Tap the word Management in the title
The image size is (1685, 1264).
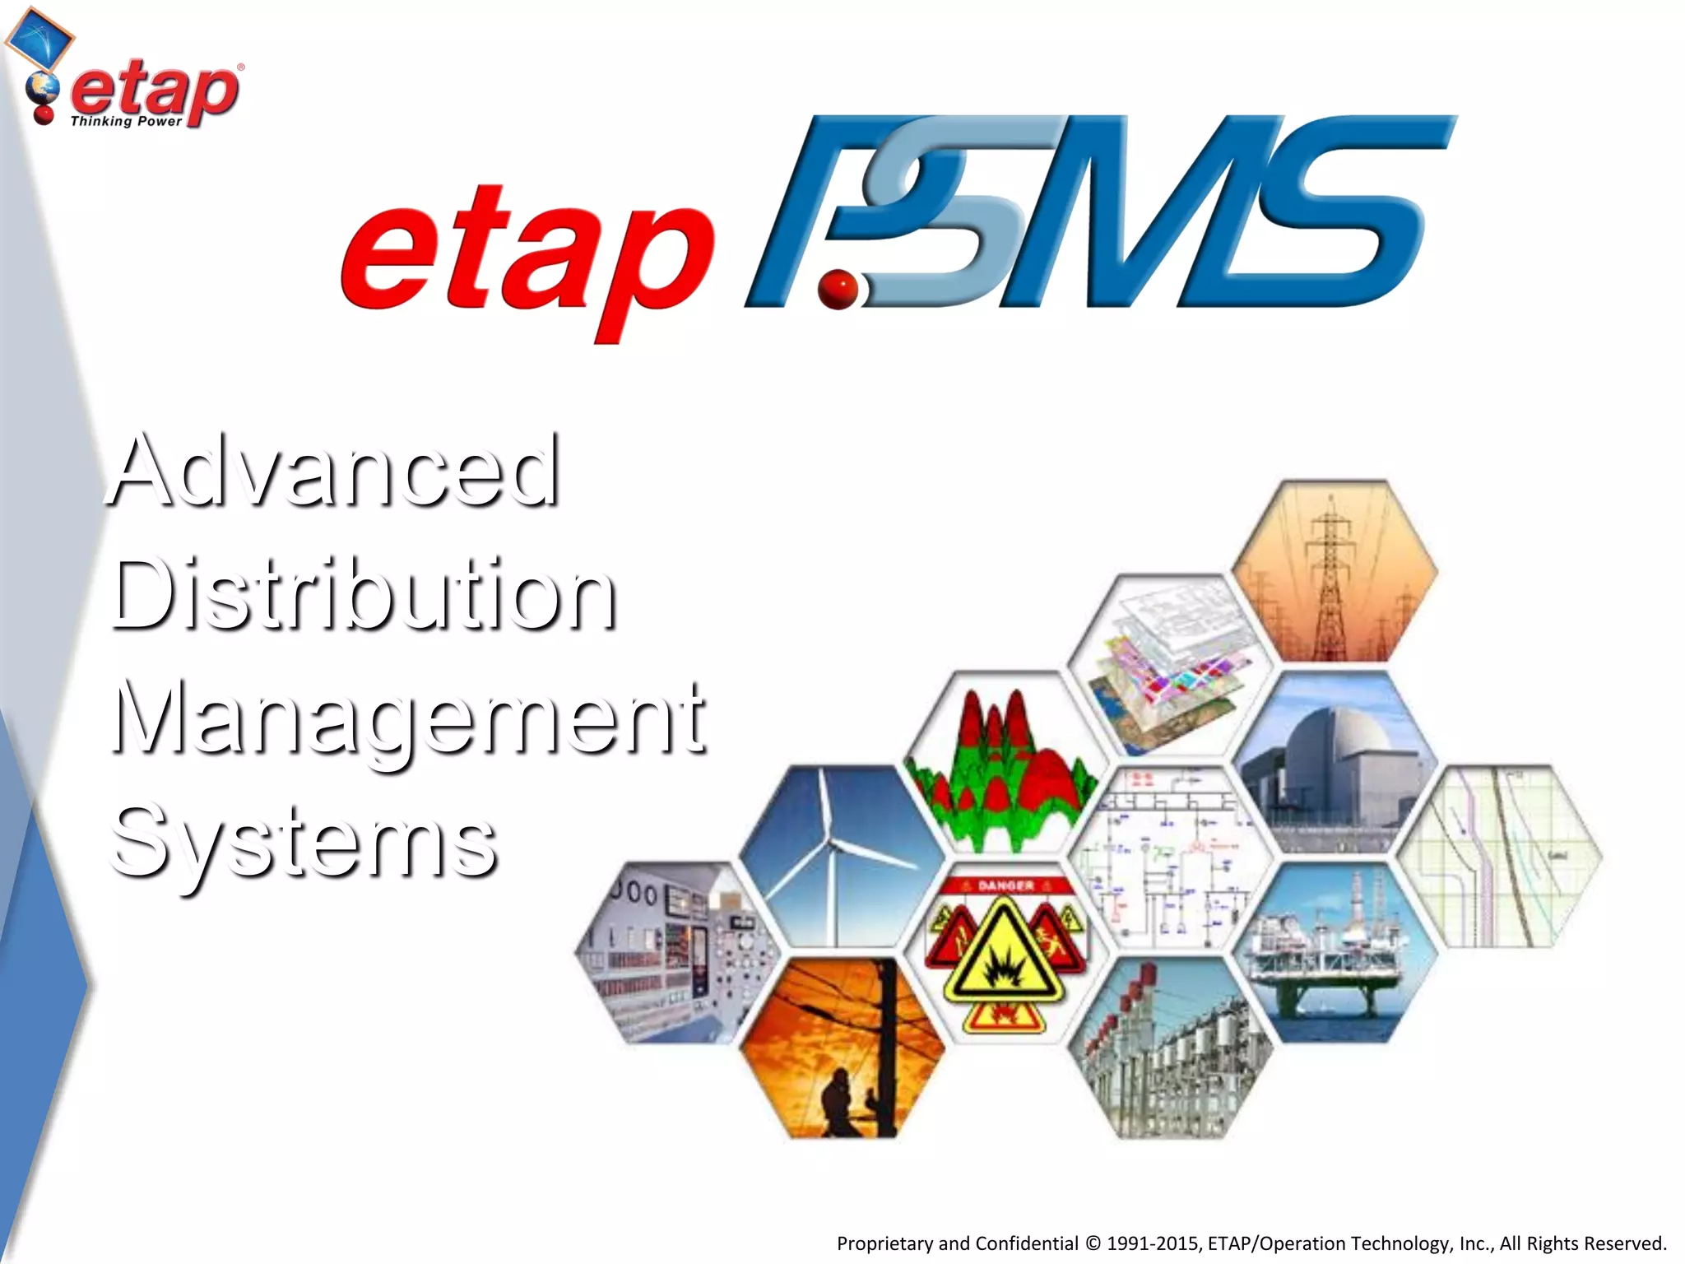(x=408, y=718)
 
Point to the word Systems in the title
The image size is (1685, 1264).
(x=303, y=841)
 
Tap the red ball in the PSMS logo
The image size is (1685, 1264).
(x=838, y=290)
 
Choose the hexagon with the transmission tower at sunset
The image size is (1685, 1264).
(x=1334, y=571)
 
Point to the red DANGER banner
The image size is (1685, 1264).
(x=1005, y=885)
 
